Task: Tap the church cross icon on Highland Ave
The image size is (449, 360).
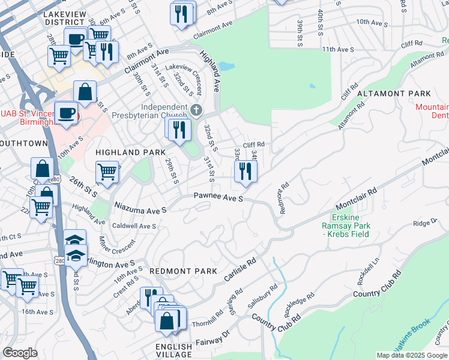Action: [x=197, y=110]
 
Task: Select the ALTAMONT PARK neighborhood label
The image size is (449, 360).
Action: [x=394, y=94]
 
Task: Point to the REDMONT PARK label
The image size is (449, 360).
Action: [x=182, y=271]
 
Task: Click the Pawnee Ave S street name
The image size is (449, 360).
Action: [x=218, y=197]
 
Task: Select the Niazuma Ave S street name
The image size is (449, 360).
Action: [x=140, y=209]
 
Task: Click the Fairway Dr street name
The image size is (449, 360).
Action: [x=213, y=340]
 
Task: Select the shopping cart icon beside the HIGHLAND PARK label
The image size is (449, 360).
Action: [x=107, y=171]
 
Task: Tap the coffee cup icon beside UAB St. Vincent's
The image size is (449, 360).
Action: [x=66, y=113]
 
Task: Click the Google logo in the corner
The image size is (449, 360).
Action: [x=20, y=353]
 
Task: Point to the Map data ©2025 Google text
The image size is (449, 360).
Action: [x=412, y=355]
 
